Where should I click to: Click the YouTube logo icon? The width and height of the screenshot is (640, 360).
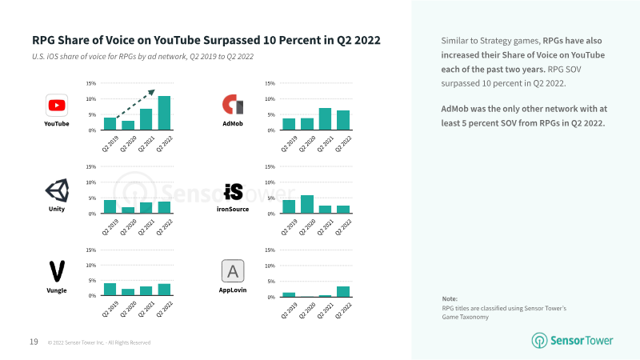coord(57,106)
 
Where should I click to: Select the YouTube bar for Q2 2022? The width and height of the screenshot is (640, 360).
coord(164,113)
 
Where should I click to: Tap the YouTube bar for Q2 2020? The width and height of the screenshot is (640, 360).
coord(128,126)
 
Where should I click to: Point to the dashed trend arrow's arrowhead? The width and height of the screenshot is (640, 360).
coord(152,93)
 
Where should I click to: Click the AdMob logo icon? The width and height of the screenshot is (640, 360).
coord(233,105)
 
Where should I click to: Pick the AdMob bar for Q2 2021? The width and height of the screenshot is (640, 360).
coord(325,119)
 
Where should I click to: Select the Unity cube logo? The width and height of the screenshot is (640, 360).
coord(57,190)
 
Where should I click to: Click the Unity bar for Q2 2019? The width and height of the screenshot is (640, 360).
coord(110,207)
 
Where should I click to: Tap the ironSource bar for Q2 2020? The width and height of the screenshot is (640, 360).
coord(307,205)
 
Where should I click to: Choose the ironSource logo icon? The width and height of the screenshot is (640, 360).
coord(234,192)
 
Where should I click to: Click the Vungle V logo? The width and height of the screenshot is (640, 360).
coord(57,271)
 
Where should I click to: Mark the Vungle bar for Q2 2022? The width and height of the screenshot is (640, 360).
coord(164,290)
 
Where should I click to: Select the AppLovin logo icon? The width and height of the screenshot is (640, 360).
coord(233,271)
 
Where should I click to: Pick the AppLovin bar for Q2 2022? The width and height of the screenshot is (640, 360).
coord(343,292)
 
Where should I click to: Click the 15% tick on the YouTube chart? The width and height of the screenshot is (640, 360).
coord(90,83)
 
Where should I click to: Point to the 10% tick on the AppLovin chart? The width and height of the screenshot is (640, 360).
coord(270,266)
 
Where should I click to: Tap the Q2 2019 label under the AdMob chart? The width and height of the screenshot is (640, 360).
coord(290,144)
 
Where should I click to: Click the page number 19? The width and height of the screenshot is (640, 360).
coord(34,342)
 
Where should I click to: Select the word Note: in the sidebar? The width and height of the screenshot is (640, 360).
coord(450,298)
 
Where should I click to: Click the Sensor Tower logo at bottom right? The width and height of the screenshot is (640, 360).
coord(572,341)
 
